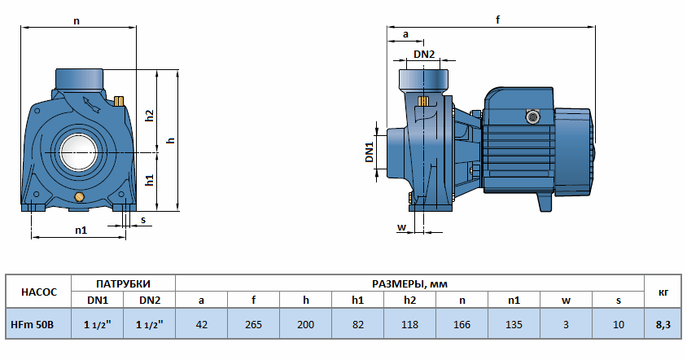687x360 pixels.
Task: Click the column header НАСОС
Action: (x=38, y=292)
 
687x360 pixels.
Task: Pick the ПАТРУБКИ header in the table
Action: (x=124, y=283)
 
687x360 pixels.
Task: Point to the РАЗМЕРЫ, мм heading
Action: (x=409, y=283)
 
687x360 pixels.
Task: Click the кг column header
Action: (x=662, y=292)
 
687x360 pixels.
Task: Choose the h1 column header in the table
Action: (x=357, y=301)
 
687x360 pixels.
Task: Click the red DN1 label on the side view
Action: (x=369, y=152)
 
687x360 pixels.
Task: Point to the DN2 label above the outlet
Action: (x=424, y=54)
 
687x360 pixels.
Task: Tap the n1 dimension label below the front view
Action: (x=80, y=230)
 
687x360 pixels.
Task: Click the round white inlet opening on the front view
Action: (x=78, y=151)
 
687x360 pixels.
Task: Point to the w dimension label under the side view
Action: (x=401, y=226)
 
